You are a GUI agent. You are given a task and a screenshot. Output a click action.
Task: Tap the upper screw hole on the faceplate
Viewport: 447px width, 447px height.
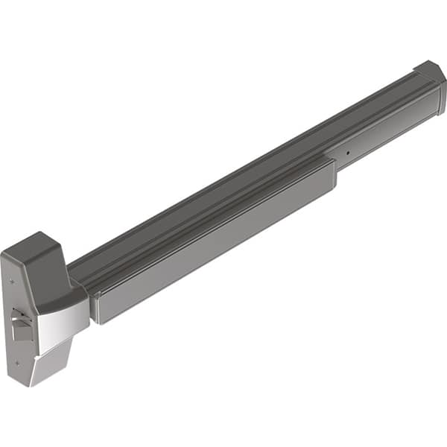coord(14,283)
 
